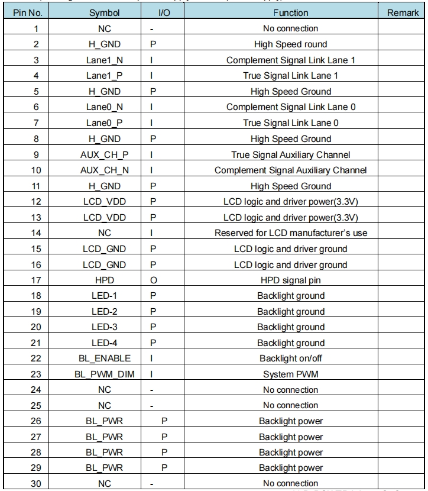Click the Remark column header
pos(403,13)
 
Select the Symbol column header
pos(104,13)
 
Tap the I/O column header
pos(164,13)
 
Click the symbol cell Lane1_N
pos(104,60)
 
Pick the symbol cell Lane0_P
pos(104,123)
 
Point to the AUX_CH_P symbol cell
pos(104,155)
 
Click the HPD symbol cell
pos(104,280)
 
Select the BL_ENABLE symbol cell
pos(104,358)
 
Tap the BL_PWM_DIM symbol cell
pos(104,374)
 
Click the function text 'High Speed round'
pos(290,44)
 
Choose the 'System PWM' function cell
pos(290,374)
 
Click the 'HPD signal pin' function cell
pos(290,280)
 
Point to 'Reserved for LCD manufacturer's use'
pos(290,233)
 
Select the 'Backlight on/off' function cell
pos(290,358)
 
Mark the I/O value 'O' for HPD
pos(153,280)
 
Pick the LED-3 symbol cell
pos(104,327)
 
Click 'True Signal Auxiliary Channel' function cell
pos(290,155)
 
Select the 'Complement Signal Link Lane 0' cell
pos(290,107)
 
